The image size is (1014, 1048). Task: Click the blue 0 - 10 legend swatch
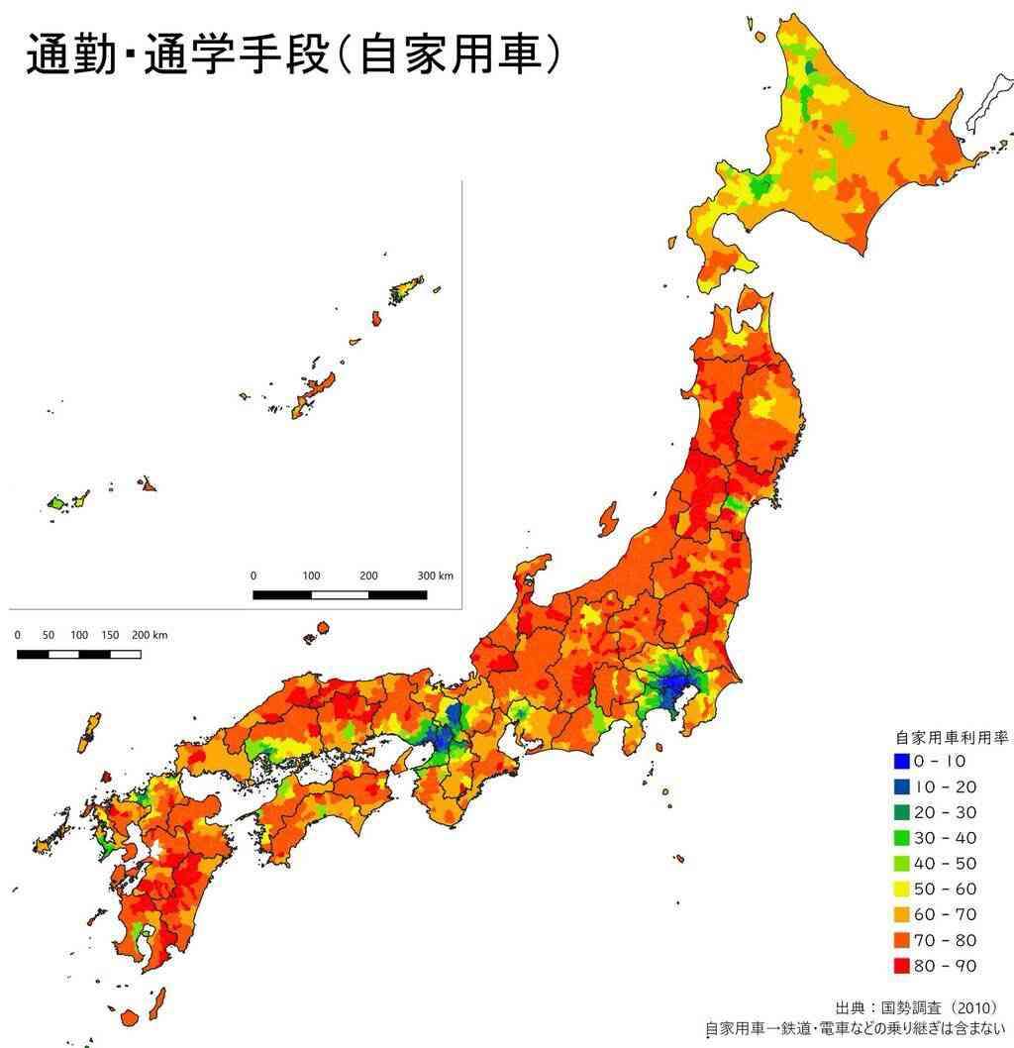900,762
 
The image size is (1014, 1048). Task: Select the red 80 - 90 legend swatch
900,965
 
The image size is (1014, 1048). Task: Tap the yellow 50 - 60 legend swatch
900,889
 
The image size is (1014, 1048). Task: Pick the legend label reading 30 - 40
945,838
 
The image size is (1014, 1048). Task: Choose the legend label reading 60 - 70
945,914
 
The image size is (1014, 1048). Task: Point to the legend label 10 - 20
945,787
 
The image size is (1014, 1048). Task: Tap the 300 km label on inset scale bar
435,576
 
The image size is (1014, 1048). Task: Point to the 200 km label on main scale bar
150,635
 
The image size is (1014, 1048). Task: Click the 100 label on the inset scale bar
311,576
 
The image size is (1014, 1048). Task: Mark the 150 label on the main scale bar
110,635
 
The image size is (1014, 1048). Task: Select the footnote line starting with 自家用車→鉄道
858,1030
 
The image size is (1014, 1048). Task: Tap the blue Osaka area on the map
442,738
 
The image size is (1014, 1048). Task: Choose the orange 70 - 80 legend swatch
900,939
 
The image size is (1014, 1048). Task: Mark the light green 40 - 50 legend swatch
900,863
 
